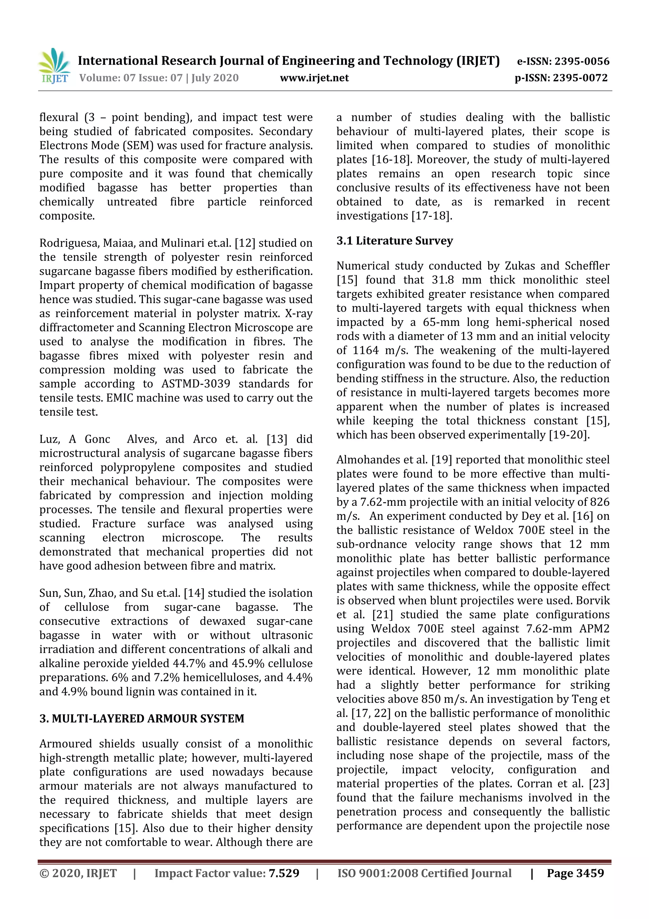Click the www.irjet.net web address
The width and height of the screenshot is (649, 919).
pyautogui.click(x=314, y=78)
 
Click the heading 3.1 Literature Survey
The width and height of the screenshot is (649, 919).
pyautogui.click(x=394, y=241)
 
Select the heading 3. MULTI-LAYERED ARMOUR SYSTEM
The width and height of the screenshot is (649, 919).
pyautogui.click(x=142, y=719)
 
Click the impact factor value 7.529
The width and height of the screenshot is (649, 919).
pyautogui.click(x=284, y=873)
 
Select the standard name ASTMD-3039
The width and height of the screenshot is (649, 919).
pyautogui.click(x=196, y=383)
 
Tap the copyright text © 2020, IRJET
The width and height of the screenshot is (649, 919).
pyautogui.click(x=78, y=873)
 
